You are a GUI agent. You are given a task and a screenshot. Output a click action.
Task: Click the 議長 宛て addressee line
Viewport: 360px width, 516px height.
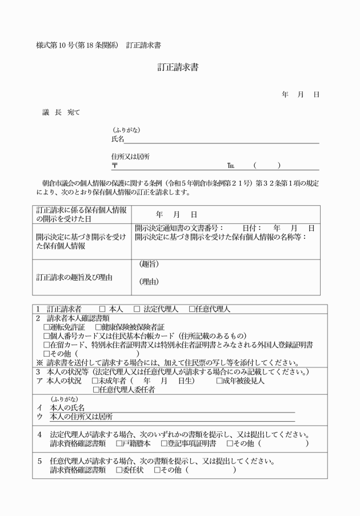tap(61, 112)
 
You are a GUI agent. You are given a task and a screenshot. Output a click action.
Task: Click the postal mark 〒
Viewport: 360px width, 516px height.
tap(115, 166)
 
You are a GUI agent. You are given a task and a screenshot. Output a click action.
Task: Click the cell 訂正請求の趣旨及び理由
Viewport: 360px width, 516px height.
tap(74, 278)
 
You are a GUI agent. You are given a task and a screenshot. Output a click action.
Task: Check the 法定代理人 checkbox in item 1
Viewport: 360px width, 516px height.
tap(137, 309)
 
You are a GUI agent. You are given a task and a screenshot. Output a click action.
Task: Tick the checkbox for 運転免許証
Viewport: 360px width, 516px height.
tap(47, 327)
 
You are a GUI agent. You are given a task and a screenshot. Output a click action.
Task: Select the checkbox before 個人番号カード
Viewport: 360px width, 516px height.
tap(47, 336)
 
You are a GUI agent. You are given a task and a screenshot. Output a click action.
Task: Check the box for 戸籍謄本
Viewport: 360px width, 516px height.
tap(119, 443)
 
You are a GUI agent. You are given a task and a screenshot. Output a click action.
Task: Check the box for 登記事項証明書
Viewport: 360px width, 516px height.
tap(163, 443)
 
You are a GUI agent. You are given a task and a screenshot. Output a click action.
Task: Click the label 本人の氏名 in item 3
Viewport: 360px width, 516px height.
tap(67, 407)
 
